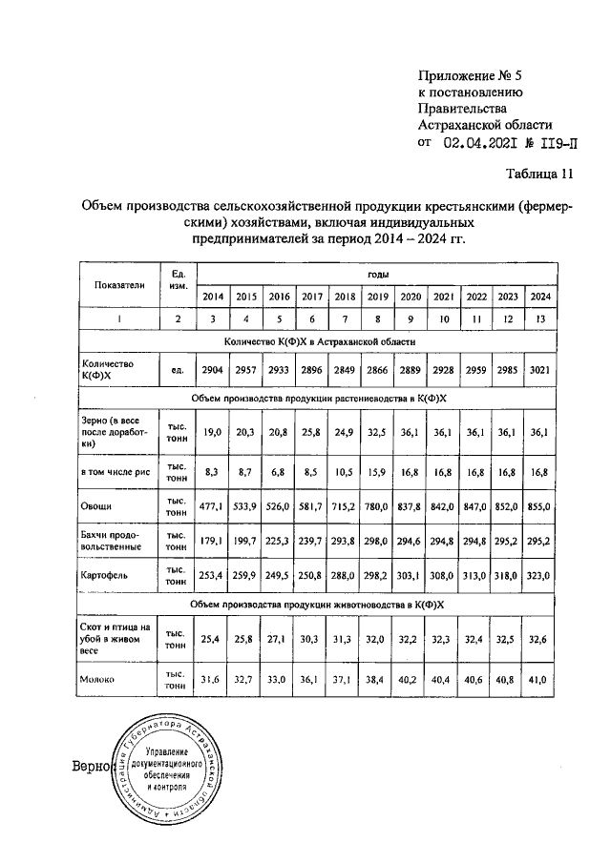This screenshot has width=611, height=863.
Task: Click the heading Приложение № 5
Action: click(x=472, y=74)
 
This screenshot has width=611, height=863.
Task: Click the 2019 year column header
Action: click(x=377, y=296)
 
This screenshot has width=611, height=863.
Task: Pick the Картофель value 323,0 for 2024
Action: click(x=541, y=576)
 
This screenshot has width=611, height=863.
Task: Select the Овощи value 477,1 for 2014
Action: click(x=212, y=503)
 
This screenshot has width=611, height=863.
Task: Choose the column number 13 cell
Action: click(x=541, y=319)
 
